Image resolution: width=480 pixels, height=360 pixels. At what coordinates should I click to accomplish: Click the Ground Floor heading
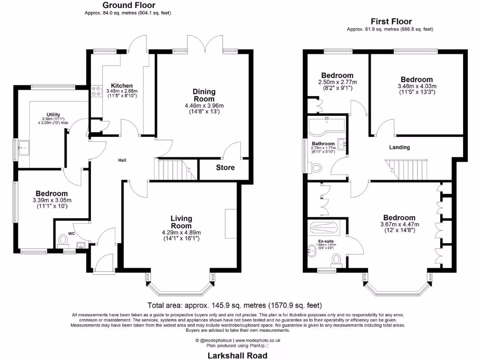pos(125,5)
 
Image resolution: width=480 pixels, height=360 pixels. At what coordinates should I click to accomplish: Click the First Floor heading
pos(391,21)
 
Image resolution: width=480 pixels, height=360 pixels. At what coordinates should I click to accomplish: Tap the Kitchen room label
pos(115,85)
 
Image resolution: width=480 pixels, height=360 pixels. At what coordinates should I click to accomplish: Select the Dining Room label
pos(204,95)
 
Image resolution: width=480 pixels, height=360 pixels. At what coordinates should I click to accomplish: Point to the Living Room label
pos(180,222)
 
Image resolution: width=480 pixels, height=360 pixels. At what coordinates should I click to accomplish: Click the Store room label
pos(225,167)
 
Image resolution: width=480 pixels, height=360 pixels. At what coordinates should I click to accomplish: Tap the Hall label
pos(122,160)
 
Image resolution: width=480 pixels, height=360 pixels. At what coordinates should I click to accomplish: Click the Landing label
pos(399,147)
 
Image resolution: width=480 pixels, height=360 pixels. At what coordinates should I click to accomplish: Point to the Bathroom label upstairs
pos(323,143)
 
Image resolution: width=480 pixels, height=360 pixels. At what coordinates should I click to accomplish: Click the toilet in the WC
pos(62,241)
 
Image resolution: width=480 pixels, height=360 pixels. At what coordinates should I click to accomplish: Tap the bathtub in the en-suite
pos(324,228)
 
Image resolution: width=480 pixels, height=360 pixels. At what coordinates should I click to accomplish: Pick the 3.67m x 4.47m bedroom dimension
pos(399,225)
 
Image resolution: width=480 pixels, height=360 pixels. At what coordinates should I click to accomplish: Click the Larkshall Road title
pos(237,355)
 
